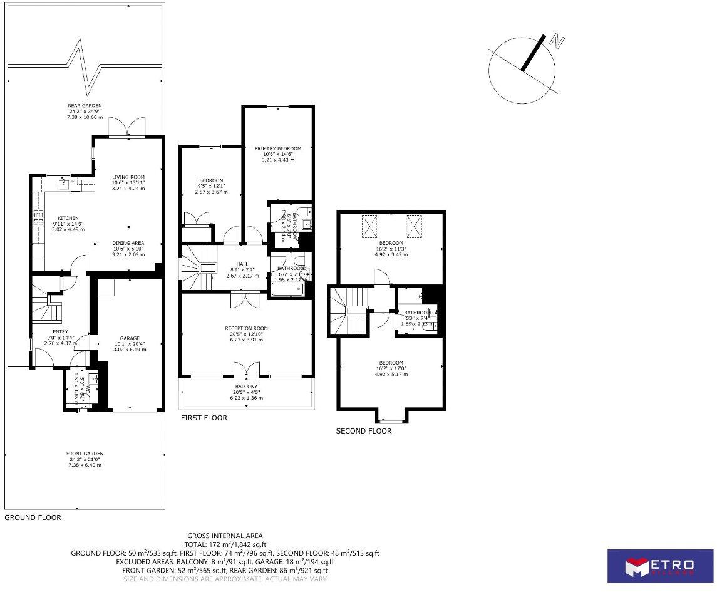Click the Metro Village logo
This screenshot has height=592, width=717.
660,566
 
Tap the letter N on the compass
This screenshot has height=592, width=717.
556,42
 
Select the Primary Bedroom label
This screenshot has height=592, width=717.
277,148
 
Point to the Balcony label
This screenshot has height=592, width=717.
246,387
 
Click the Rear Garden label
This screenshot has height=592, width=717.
85,106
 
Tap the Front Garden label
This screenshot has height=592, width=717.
85,454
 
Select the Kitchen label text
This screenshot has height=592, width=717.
68,218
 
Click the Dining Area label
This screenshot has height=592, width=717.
128,243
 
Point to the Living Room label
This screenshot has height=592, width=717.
128,177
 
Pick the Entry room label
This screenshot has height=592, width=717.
60,333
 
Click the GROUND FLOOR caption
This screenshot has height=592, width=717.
33,517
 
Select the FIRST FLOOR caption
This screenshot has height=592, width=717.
204,418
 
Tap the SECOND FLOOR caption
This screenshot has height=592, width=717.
364,431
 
